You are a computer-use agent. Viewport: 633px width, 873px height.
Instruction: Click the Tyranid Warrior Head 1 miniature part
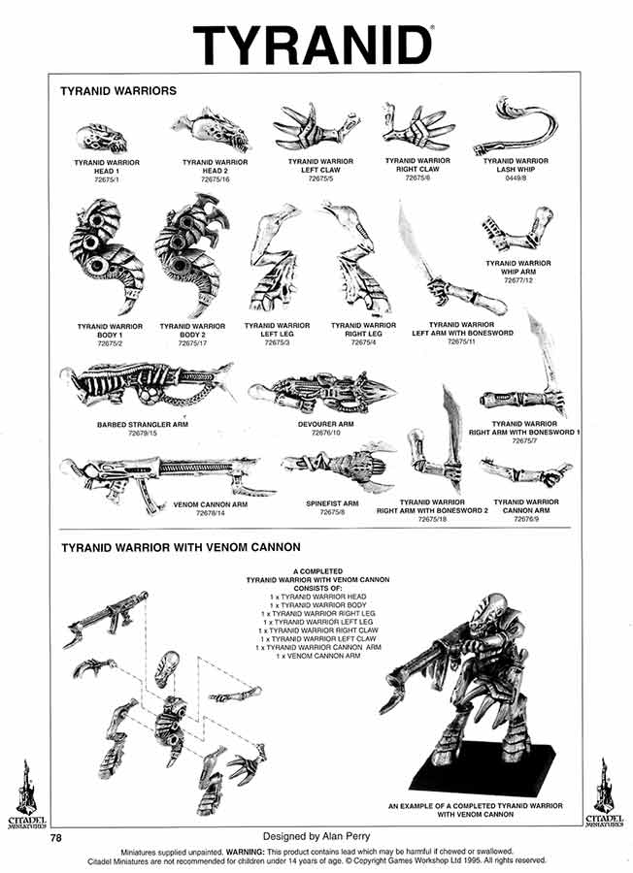tap(101, 138)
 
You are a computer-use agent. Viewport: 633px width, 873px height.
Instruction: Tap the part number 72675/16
tap(216, 180)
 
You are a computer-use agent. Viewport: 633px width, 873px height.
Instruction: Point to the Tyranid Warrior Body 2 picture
tap(191, 252)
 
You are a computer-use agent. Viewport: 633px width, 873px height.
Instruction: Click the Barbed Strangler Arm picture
tap(146, 384)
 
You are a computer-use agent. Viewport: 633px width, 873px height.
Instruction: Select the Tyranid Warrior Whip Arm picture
tap(517, 233)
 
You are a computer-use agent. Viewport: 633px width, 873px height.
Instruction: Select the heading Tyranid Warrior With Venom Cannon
tap(181, 547)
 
